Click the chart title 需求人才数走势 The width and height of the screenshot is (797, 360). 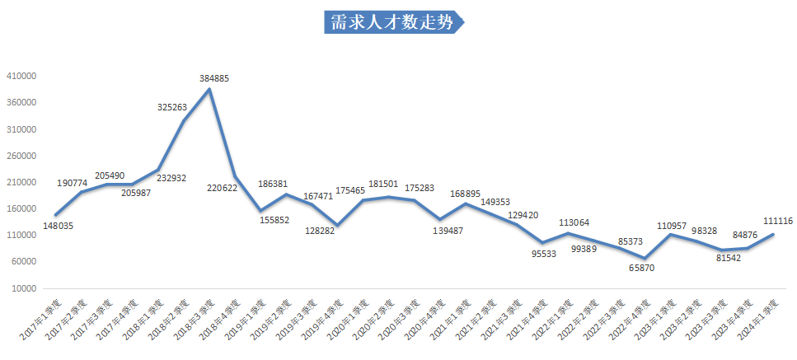(x=392, y=22)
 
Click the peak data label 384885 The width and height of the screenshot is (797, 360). (x=214, y=78)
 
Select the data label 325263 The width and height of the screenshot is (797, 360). (x=174, y=107)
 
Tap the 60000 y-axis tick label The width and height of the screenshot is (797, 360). (x=25, y=262)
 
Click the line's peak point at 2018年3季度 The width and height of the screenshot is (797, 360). (x=209, y=89)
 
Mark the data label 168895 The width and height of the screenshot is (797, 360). (x=465, y=194)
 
